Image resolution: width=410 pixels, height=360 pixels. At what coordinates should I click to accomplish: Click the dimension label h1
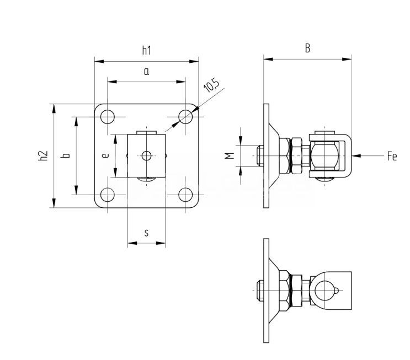pos(146,51)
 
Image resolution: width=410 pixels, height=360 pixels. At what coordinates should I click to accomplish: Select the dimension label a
pos(146,71)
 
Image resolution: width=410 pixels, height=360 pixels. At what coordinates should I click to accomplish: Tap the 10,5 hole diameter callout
pos(211,87)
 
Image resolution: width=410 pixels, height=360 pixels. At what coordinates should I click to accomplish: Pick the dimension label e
pos(106,156)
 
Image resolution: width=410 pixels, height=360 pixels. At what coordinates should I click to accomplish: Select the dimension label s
pos(146,233)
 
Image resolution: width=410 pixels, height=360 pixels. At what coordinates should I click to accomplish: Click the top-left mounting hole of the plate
pos(108,116)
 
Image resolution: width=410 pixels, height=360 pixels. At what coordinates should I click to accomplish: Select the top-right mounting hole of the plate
pos(186,116)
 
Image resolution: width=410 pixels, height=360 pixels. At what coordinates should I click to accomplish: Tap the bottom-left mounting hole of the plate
pos(108,195)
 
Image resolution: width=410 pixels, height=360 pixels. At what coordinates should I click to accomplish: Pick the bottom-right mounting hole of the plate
pos(186,195)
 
